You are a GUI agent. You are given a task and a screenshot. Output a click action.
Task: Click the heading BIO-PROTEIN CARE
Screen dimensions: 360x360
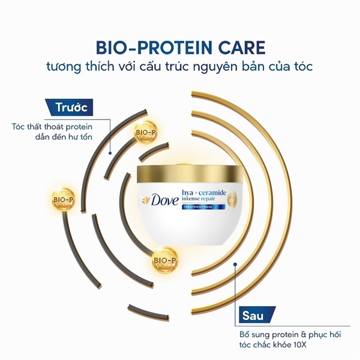[x=181, y=47]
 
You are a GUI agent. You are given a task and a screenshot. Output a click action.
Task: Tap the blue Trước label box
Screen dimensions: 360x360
[x=70, y=107]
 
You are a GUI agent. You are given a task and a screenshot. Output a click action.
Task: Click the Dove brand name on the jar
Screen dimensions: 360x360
[x=164, y=200]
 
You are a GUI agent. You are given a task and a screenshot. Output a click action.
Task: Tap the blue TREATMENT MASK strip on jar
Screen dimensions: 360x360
[x=203, y=207]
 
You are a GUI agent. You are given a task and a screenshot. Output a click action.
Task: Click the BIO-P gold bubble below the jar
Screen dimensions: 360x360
[x=165, y=260]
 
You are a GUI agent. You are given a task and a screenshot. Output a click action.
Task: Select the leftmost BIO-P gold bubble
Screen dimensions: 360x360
[x=64, y=200]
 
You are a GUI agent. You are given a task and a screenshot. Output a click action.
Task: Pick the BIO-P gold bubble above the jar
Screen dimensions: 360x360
[x=146, y=132]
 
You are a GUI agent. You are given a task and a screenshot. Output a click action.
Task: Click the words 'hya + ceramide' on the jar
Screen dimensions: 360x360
[x=204, y=193]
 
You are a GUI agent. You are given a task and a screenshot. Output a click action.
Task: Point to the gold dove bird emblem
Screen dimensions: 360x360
[x=146, y=200]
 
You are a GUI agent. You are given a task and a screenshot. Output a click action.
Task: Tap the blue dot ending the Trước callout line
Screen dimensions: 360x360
[x=110, y=152]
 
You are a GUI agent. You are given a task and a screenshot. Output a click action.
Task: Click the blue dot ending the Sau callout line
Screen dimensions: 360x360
[x=235, y=264]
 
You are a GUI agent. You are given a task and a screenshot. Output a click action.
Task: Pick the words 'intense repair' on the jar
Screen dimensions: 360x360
[x=199, y=199]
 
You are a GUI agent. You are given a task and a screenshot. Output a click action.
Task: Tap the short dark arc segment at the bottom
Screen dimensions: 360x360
[x=148, y=312]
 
